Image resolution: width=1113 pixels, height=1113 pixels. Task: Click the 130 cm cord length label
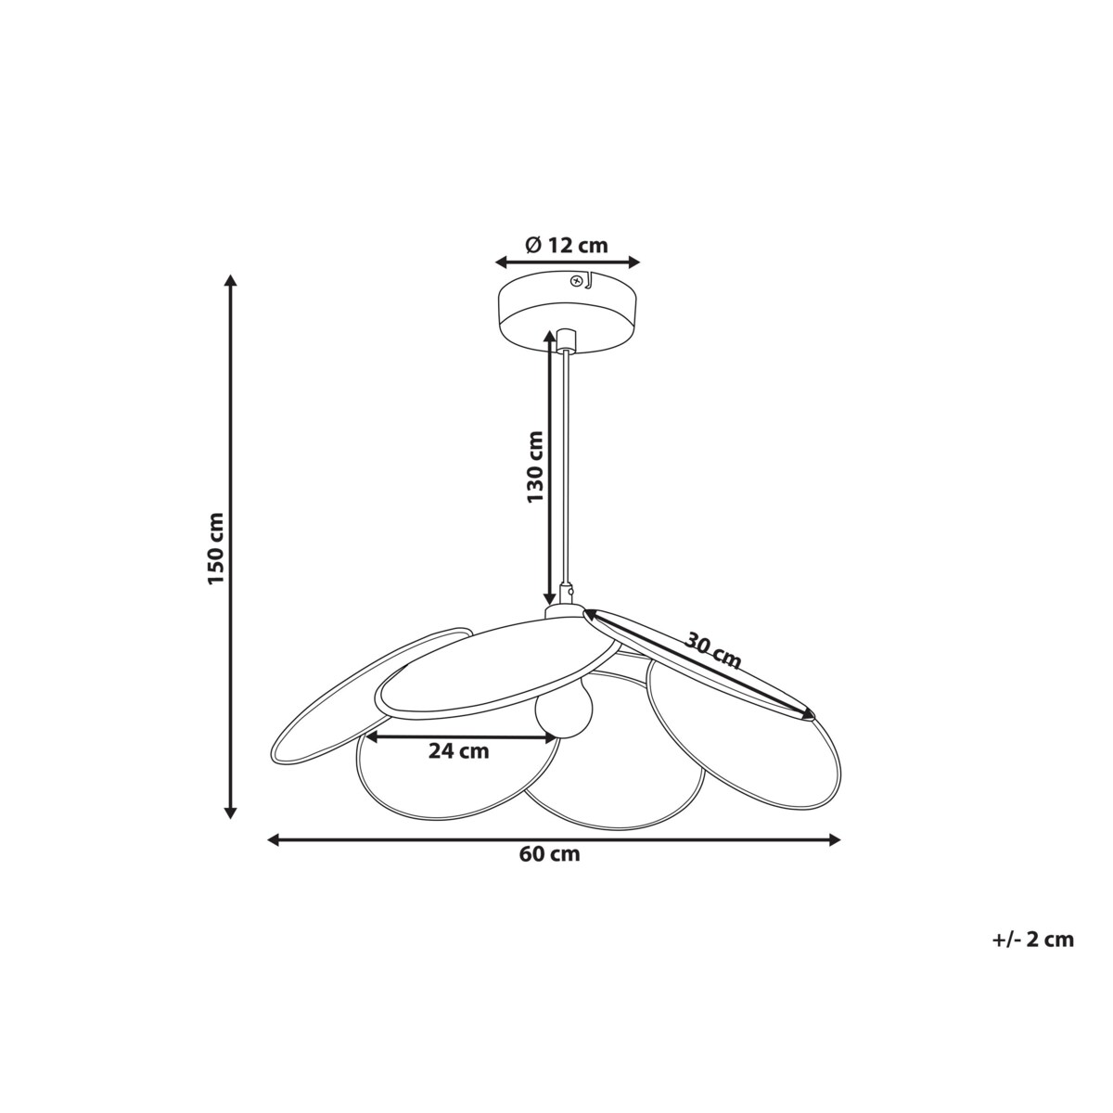click(x=535, y=467)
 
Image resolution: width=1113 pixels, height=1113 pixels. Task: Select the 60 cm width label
click(x=550, y=854)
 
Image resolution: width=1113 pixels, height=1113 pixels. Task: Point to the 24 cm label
click(x=458, y=751)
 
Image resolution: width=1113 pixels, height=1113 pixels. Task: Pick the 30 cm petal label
click(x=713, y=650)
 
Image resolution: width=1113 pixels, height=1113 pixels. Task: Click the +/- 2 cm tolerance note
click(x=1032, y=940)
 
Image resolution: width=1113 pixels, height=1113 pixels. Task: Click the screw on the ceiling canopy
click(x=577, y=280)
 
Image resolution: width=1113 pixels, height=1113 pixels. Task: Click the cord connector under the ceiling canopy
click(x=565, y=338)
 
